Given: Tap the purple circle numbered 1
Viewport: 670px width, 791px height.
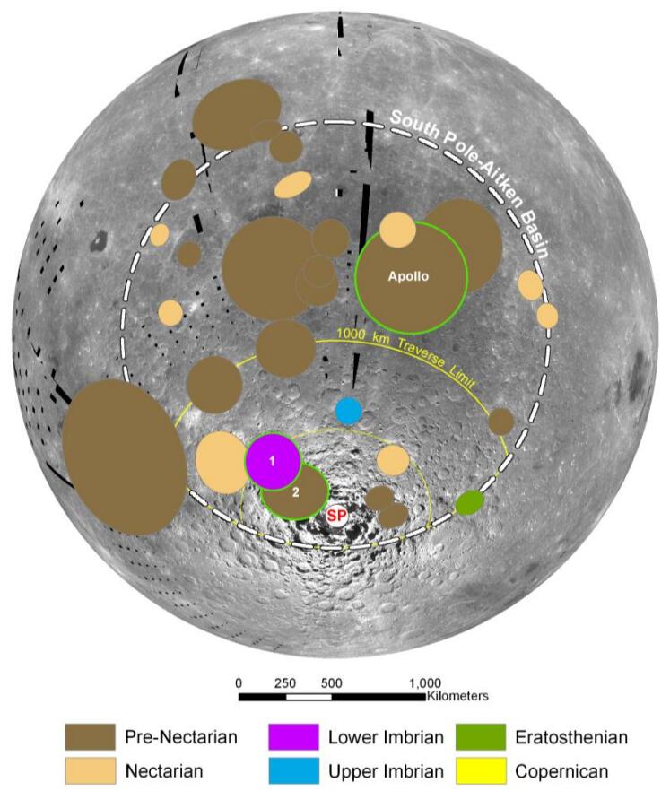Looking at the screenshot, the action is pos(273,461).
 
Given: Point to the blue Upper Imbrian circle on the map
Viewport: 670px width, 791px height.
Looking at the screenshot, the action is pos(348,411).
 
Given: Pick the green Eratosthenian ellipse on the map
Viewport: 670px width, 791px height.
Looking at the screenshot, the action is pos(468,503).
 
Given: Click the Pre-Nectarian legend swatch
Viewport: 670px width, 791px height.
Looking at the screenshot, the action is pos(89,737).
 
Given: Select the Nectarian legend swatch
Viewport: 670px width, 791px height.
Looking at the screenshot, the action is pos(89,769).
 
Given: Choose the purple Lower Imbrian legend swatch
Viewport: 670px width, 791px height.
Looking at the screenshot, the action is pos(292,737).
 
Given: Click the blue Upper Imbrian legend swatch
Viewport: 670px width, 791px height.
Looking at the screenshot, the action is pos(292,769).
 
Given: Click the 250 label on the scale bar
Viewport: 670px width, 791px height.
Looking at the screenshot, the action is pos(285,682).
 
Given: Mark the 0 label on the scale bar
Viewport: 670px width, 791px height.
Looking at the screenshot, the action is pos(239,682).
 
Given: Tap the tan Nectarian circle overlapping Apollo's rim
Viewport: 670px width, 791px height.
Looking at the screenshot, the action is pos(396,230).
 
